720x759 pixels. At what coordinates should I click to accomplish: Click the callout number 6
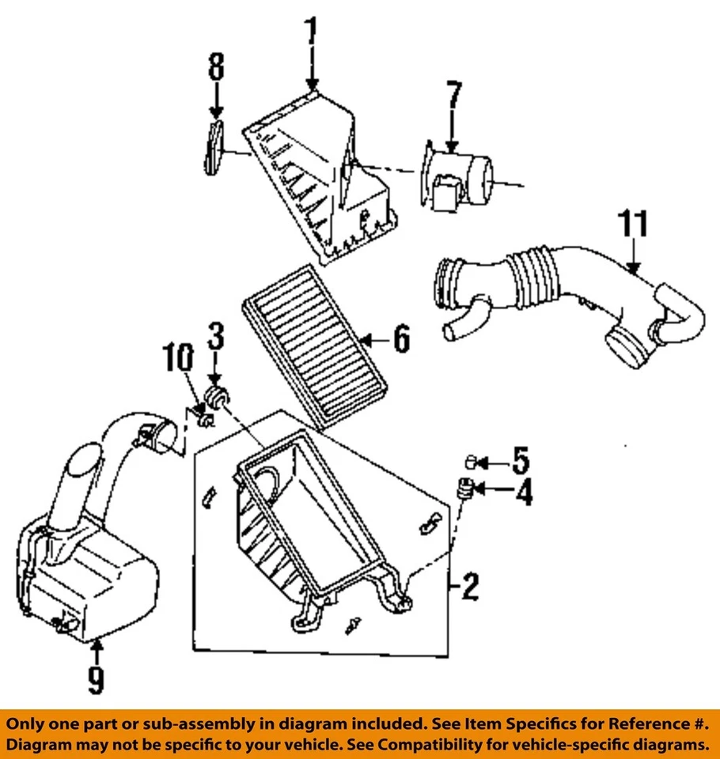tap(401, 340)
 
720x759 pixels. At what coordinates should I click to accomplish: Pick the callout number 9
tap(95, 679)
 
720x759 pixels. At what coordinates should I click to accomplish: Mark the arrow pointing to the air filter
tap(370, 340)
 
